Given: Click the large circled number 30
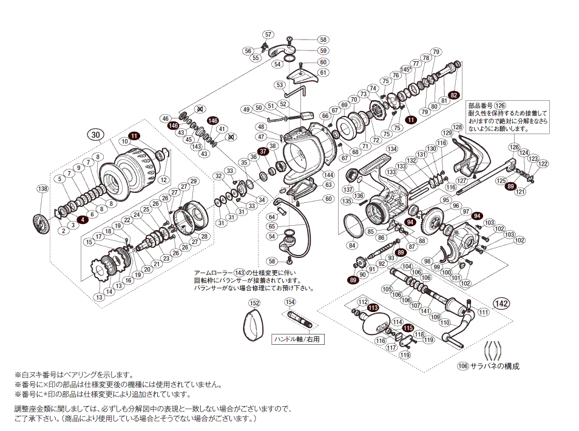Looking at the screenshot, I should [94, 134].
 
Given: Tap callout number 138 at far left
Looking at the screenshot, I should [42, 189].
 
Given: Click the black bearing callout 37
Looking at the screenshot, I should [263, 151].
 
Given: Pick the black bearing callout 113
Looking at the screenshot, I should [373, 308].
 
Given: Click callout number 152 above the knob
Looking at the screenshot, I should [255, 303].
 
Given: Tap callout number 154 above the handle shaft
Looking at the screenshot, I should [290, 302].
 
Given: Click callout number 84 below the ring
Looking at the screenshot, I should [352, 245].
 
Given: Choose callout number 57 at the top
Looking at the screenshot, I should [268, 35].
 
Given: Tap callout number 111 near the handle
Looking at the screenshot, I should [483, 312].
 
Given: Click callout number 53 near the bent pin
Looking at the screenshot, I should [280, 85].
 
